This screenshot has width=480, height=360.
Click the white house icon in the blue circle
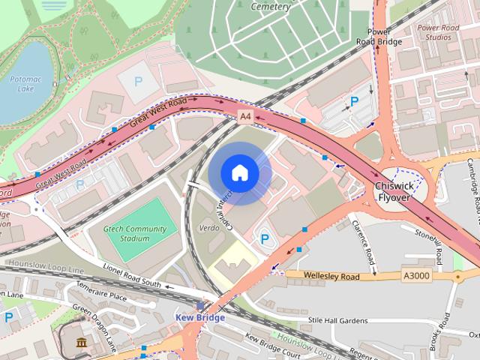coord(239,173)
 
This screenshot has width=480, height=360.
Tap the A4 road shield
coord(245,116)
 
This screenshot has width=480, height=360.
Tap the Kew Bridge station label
coord(199,317)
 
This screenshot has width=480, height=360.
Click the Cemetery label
coord(271,7)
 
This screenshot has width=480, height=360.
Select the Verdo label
coord(208,226)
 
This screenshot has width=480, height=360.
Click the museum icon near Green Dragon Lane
coord(80,343)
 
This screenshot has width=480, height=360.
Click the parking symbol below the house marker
coord(264,238)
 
